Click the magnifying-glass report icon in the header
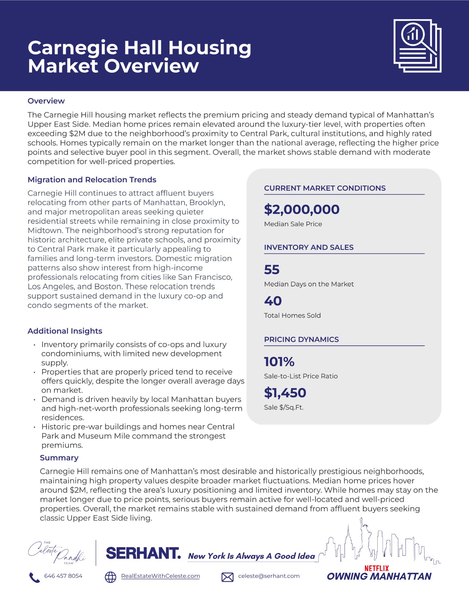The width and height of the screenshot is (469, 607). (417, 46)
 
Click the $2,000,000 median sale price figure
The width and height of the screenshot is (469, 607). (302, 209)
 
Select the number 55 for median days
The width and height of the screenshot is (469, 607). (272, 270)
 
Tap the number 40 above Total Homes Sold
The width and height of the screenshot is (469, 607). (273, 301)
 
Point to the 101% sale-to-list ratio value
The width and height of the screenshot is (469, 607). (279, 361)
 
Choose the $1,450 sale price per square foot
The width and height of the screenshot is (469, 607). (285, 393)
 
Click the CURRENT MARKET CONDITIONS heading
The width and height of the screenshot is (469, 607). (325, 188)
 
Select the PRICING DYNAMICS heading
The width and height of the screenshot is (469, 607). (301, 339)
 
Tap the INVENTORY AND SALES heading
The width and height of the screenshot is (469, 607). (309, 247)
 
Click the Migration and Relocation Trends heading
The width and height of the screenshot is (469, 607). (92, 180)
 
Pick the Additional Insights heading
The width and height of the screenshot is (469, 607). (65, 331)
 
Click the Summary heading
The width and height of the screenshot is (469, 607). (59, 458)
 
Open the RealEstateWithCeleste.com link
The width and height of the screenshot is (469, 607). (160, 576)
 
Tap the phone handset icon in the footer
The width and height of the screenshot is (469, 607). (34, 578)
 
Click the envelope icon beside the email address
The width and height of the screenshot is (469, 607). (227, 577)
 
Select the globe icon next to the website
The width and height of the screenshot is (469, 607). (110, 577)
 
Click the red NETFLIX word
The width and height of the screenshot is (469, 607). (376, 568)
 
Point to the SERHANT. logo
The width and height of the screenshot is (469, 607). (143, 554)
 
